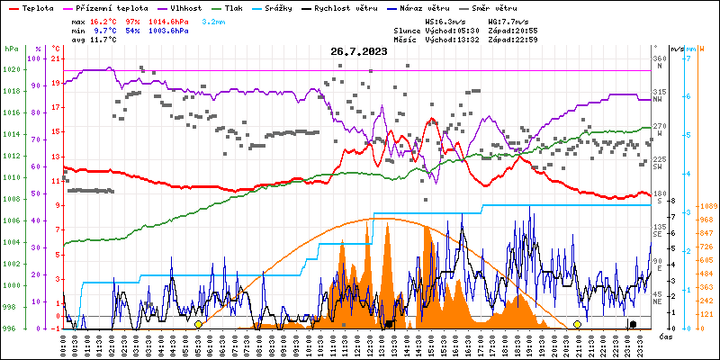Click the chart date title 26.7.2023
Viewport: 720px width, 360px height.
coord(358,51)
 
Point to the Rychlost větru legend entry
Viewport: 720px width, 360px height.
coord(346,8)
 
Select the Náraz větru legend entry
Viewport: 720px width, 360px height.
coord(431,8)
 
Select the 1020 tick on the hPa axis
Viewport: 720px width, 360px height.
coord(11,69)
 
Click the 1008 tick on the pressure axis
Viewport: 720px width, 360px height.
coord(11,200)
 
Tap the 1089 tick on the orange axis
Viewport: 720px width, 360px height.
coord(705,206)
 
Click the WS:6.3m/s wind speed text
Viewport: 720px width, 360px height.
coord(445,21)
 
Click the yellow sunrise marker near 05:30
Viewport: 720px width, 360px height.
coord(198,324)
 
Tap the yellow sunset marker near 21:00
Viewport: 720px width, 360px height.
coord(577,324)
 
